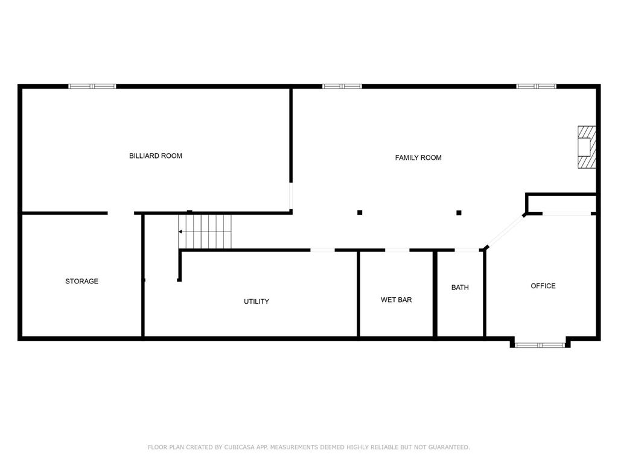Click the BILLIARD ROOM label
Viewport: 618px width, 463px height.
tap(156, 156)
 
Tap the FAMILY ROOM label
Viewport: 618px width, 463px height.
tap(418, 158)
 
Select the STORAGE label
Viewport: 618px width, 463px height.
tap(81, 281)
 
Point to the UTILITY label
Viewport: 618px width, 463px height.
tap(256, 301)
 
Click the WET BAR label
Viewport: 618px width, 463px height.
tap(396, 300)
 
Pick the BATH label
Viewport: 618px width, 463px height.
tap(460, 288)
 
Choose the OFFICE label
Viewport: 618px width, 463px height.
tap(543, 286)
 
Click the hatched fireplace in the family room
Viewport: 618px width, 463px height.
tap(587, 147)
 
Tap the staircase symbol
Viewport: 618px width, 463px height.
tap(205, 231)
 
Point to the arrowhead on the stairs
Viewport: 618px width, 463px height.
tap(180, 231)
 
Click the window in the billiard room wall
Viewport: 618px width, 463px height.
tap(92, 86)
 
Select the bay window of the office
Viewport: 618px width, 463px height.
tap(540, 345)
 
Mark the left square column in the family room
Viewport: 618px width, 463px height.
tap(360, 213)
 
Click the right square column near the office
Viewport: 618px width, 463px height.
tap(459, 213)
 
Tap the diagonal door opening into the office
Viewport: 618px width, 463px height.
tap(505, 231)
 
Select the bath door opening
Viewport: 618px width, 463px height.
tap(467, 250)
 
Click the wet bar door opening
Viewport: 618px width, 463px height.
tap(397, 250)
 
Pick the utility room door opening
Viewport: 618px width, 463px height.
tap(322, 250)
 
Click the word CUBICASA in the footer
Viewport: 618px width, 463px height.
tap(239, 447)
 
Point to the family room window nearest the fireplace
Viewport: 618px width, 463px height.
tap(537, 86)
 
